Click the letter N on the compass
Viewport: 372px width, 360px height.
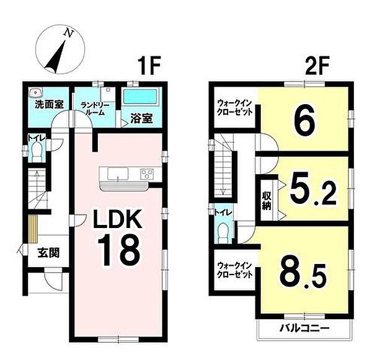click(x=68, y=33)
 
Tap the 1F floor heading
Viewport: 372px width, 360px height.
click(x=149, y=65)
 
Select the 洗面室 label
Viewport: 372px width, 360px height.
click(x=49, y=104)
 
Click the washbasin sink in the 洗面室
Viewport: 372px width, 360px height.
click(x=35, y=92)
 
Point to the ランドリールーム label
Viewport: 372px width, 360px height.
click(x=95, y=108)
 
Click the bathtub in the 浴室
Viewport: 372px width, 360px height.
click(x=141, y=96)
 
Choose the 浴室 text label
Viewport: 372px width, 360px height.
click(x=141, y=118)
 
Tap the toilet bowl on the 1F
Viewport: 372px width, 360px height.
click(x=37, y=152)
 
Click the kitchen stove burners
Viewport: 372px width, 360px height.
click(x=147, y=174)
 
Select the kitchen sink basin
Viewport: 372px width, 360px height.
click(x=118, y=173)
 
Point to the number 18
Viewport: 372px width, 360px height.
click(x=118, y=250)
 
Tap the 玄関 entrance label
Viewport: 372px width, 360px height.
click(x=48, y=253)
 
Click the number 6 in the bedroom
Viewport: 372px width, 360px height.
click(x=304, y=120)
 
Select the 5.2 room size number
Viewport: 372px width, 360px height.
click(x=312, y=191)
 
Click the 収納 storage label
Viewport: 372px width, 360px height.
click(x=267, y=201)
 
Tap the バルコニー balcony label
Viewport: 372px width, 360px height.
click(x=304, y=328)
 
